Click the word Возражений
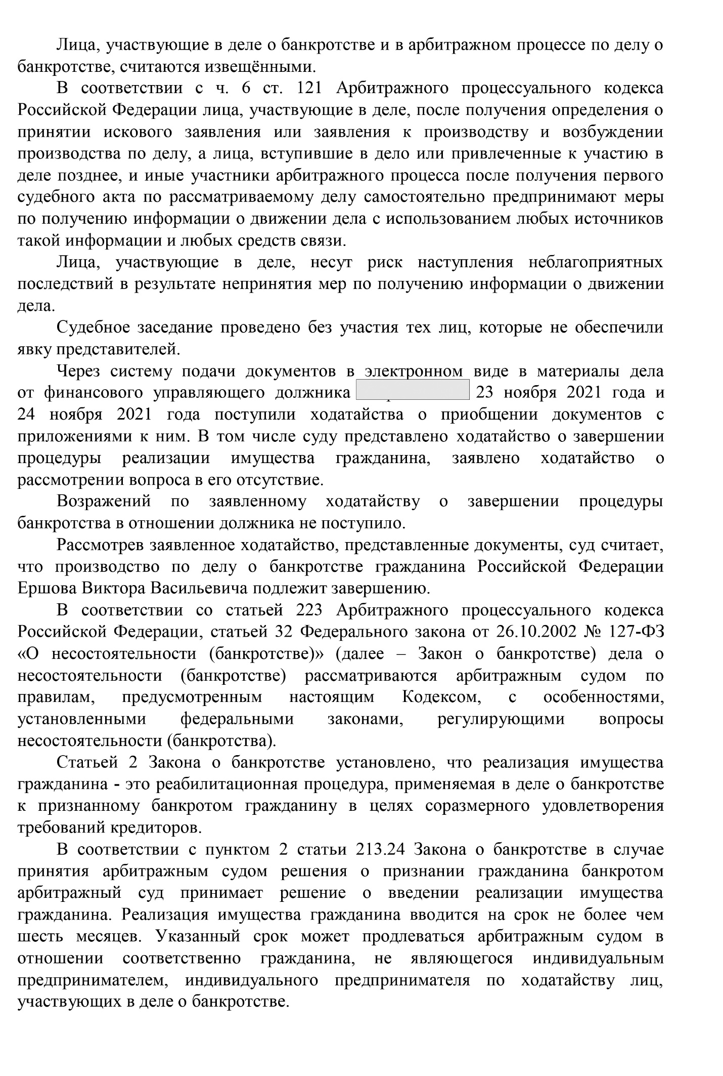[x=104, y=502]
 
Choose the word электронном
[x=414, y=371]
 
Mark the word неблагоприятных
[x=596, y=262]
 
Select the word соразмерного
[x=477, y=806]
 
